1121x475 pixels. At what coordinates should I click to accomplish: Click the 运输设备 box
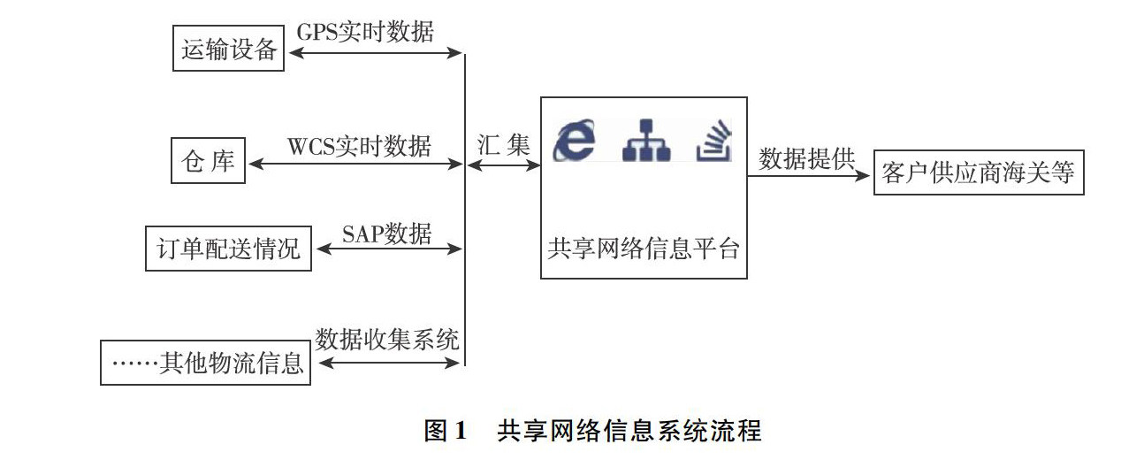[x=229, y=50]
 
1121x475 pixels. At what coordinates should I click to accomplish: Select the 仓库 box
[x=208, y=162]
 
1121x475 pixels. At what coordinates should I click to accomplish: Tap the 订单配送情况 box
[x=229, y=249]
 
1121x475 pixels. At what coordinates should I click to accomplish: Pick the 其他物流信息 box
[x=206, y=363]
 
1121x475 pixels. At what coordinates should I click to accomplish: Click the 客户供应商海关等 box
[x=978, y=173]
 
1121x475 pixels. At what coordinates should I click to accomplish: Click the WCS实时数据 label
[x=359, y=145]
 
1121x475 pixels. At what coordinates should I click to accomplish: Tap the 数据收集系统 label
[x=388, y=340]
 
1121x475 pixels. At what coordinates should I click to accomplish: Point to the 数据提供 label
[x=807, y=158]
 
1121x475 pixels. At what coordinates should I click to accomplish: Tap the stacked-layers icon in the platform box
[x=714, y=142]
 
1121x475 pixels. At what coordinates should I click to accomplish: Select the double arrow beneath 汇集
[x=503, y=165]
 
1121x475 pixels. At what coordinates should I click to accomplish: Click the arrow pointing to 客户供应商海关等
[x=808, y=174]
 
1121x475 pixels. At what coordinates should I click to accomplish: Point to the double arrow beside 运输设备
[x=377, y=53]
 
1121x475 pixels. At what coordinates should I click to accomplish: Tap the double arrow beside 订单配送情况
[x=389, y=249]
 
